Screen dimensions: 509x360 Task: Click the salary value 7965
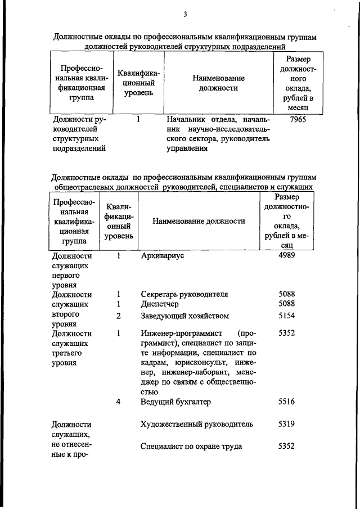(x=295, y=120)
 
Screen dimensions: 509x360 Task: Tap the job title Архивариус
(x=163, y=255)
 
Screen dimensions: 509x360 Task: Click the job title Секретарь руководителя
(x=184, y=294)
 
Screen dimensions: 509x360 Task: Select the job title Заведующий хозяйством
(x=184, y=316)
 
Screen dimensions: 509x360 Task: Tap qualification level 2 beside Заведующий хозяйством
(x=119, y=316)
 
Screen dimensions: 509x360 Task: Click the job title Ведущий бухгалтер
(x=175, y=402)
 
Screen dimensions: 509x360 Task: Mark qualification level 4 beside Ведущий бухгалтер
(x=119, y=402)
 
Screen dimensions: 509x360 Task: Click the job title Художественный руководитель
(x=196, y=424)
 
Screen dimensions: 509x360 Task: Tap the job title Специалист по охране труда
(x=191, y=447)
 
